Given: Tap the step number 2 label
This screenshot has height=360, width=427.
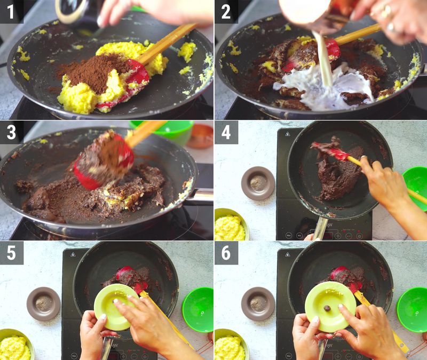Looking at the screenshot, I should click(x=226, y=11).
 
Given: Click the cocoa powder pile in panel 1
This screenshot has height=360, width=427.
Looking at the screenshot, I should click(x=91, y=72).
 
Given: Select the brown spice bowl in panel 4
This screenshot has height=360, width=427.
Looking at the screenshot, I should click(x=258, y=183).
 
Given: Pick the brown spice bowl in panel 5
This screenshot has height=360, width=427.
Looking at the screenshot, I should click(x=43, y=303).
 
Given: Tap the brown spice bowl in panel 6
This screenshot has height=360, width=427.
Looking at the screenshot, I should click(x=258, y=303).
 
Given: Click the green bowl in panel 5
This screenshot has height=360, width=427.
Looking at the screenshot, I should click(x=198, y=309).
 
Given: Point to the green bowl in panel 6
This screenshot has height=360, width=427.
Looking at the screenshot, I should click(x=412, y=309).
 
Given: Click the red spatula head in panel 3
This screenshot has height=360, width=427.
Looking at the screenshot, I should click(x=104, y=160).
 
